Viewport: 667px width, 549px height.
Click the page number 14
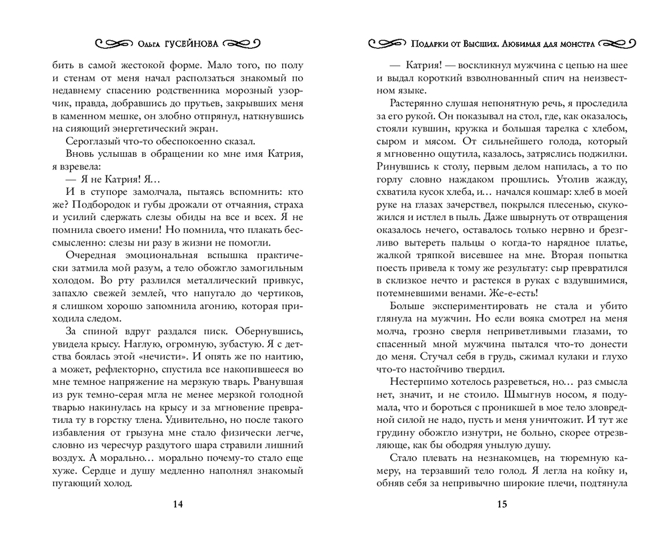click(x=178, y=504)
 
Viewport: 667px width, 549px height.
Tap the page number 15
click(x=503, y=504)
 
